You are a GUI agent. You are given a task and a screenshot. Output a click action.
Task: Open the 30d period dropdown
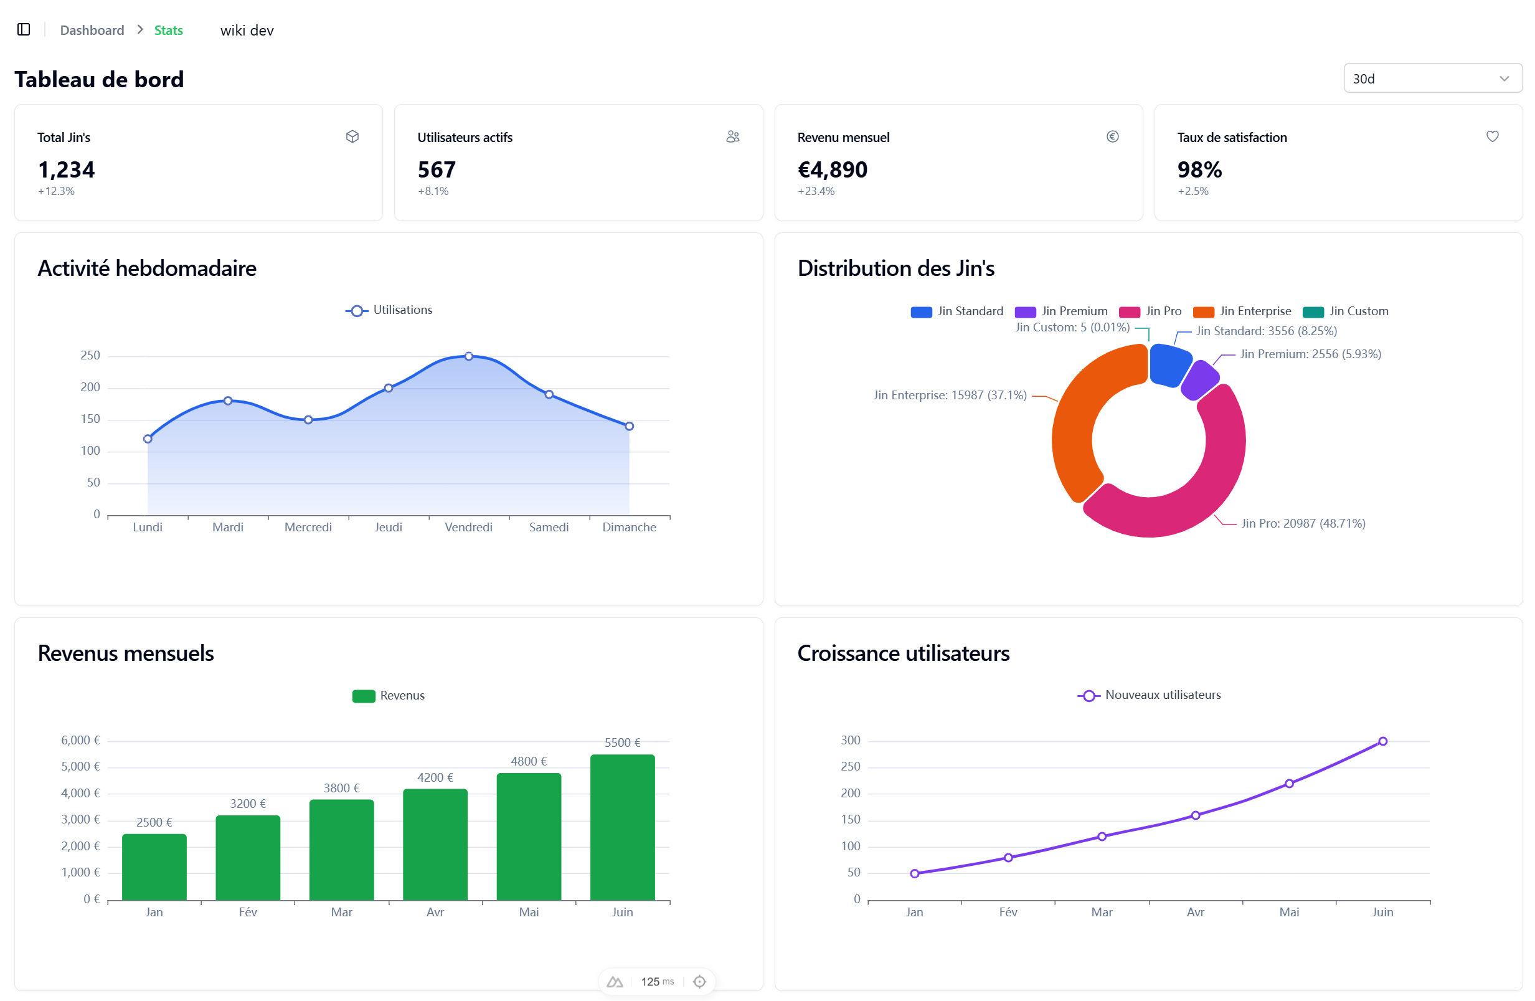tap(1432, 78)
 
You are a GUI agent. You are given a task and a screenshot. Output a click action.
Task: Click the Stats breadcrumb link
tap(168, 31)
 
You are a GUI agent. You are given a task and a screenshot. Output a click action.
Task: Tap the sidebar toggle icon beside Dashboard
tap(24, 30)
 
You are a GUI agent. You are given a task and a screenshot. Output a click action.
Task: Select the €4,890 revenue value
tap(832, 169)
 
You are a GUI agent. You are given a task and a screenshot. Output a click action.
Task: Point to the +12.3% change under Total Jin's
tap(56, 191)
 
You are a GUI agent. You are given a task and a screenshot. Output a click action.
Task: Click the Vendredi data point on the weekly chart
tap(469, 356)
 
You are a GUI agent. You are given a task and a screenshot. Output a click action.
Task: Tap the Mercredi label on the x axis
tap(308, 527)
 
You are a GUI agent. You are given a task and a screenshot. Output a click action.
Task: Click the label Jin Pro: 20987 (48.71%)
tap(1303, 523)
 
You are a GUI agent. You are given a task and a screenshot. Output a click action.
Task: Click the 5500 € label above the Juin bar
tap(621, 742)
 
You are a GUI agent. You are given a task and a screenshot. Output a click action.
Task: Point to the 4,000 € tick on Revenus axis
tap(80, 793)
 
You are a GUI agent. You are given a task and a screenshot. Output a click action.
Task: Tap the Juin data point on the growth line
tap(1382, 741)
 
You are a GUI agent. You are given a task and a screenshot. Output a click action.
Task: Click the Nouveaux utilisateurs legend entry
tap(1150, 695)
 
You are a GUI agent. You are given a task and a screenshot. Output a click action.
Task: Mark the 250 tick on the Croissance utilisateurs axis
tap(850, 766)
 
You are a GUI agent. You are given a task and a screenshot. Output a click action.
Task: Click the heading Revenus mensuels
tap(126, 653)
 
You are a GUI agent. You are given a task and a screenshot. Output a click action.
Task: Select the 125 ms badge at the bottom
tap(656, 981)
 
